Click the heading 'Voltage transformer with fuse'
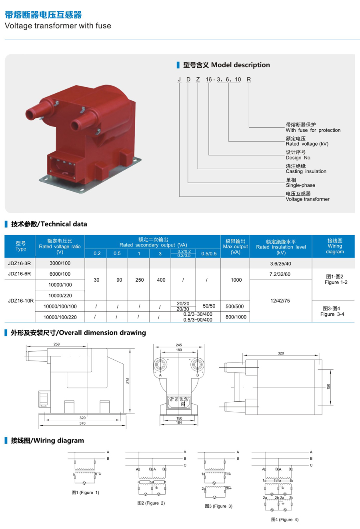coord(58,26)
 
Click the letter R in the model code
coord(249,80)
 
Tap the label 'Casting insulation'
coord(306,171)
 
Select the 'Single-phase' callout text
coord(300,185)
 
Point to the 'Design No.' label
coord(298,158)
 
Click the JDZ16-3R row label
coord(20,263)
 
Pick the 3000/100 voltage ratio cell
coord(60,263)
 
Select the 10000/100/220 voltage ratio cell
coord(60,317)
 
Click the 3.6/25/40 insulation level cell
coord(280,264)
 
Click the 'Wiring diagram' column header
coord(334,246)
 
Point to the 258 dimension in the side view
coord(57,344)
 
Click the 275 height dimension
coord(128,381)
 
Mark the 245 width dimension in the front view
coord(179,345)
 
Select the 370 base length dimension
coord(82,423)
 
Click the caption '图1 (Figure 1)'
coord(85,493)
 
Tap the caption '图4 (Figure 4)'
coord(284,519)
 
